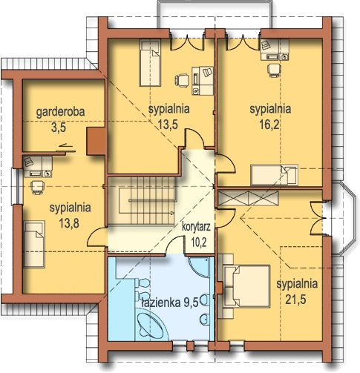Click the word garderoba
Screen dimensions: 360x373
60,112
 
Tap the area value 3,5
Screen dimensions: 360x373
59,128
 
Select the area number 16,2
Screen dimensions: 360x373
269,125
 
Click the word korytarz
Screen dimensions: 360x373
196,227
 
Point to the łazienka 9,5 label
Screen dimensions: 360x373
170,302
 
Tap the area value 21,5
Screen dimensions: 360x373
295,300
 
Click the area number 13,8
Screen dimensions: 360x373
69,223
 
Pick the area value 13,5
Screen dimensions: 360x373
168,125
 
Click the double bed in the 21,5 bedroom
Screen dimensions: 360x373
244,286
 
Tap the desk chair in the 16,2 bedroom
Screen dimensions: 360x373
274,70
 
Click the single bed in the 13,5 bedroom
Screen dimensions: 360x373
150,63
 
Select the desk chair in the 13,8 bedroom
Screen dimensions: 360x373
38,188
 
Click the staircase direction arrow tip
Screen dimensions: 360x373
174,213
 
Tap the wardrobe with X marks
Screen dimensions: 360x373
248,198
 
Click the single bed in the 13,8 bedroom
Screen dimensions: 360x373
34,244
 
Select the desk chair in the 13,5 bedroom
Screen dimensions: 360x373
182,80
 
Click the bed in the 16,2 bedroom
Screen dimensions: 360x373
274,175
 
